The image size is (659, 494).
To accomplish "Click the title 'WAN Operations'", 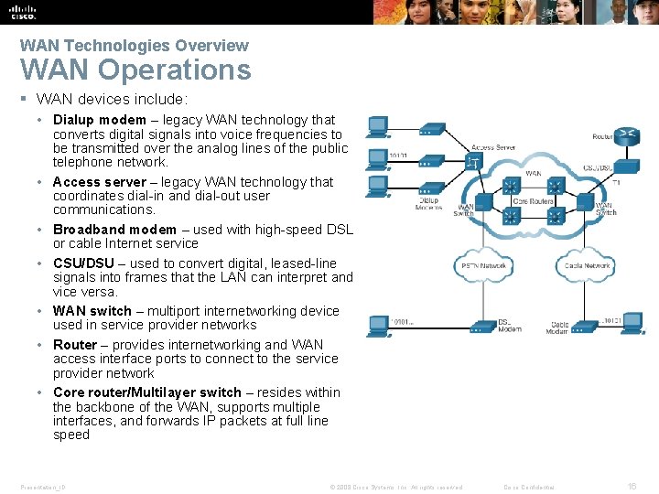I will [135, 70].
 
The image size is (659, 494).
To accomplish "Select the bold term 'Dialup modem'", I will [99, 120].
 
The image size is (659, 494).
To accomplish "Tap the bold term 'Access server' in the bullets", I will [99, 182].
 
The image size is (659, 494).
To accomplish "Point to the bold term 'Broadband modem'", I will [114, 230].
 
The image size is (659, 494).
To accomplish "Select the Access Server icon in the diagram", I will [472, 161].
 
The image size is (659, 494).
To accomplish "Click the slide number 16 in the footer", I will [632, 487].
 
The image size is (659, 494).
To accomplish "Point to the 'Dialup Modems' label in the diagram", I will [428, 204].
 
